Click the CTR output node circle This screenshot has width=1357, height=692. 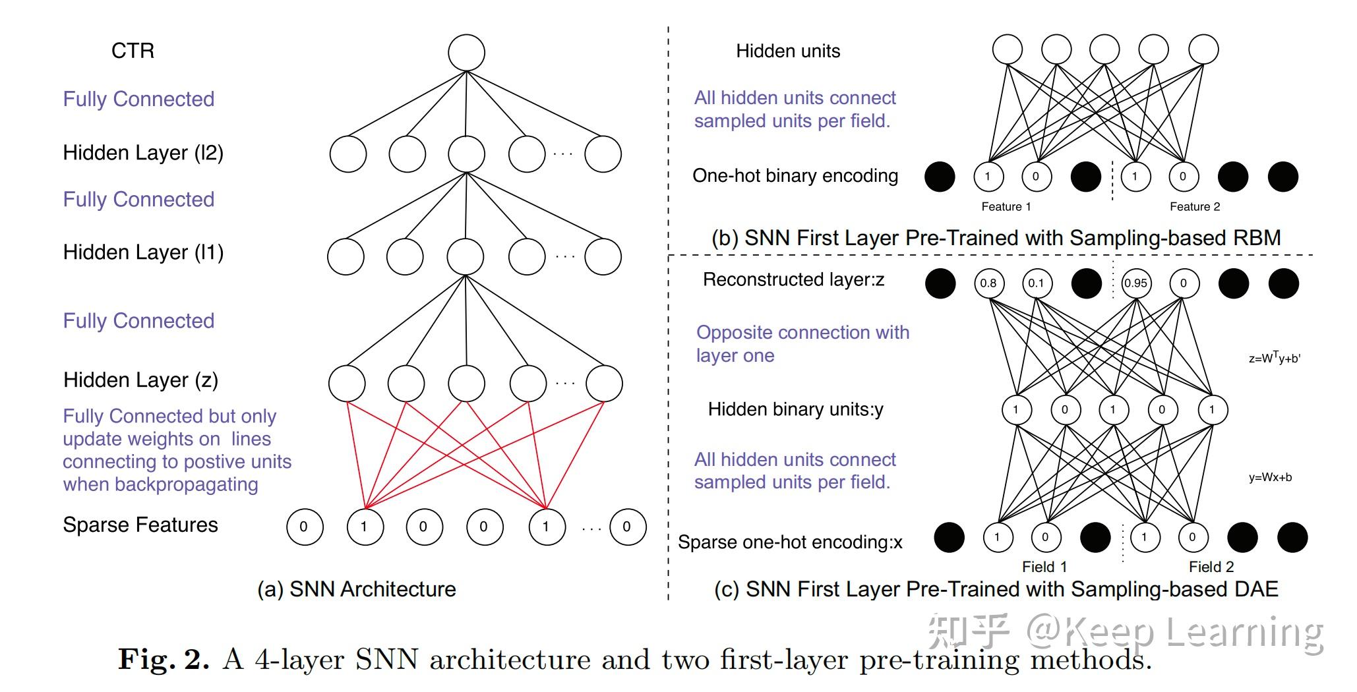[466, 53]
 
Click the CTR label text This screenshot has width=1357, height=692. [133, 51]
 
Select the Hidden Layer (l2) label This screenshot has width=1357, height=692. [143, 153]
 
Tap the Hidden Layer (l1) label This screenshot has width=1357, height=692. [143, 252]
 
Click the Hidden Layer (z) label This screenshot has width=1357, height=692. [140, 380]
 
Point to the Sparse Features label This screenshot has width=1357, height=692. [140, 525]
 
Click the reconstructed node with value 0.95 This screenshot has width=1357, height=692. [1135, 283]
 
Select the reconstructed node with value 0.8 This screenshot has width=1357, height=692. [988, 283]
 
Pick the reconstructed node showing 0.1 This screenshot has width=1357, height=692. [1036, 283]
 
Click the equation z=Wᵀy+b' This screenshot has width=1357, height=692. [1274, 359]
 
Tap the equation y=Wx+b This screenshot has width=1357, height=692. [1270, 478]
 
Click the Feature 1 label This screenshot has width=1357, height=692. [1006, 207]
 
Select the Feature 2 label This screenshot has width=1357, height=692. [1194, 207]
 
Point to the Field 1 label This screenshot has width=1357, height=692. [1044, 567]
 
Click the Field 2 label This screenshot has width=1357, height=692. [1211, 567]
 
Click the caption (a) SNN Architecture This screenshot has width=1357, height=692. [356, 589]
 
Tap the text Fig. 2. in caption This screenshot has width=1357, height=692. [164, 659]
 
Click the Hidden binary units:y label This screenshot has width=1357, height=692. [795, 410]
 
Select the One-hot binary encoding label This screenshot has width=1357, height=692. [795, 176]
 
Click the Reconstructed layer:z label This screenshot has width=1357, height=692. [793, 280]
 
